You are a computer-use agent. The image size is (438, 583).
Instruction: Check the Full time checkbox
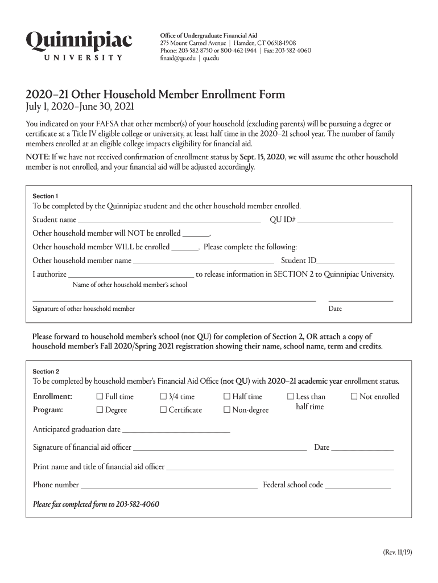point(100,397)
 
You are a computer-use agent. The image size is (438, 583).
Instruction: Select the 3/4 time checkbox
point(164,397)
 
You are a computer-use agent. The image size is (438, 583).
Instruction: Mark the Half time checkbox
point(227,397)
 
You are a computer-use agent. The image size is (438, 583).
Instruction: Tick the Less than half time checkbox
point(291,397)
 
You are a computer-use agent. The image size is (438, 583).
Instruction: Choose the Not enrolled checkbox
point(354,397)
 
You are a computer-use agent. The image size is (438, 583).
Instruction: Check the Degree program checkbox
point(100,410)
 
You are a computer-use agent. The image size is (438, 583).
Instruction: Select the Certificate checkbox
point(164,410)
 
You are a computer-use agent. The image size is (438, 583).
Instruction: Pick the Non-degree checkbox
point(227,410)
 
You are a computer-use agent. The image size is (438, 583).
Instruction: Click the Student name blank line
point(169,220)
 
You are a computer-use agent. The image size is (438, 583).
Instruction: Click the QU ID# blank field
point(345,220)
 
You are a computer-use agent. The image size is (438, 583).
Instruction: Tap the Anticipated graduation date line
point(176,430)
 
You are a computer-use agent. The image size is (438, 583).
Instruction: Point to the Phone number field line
point(169,486)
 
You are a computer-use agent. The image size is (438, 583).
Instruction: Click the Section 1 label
point(46,196)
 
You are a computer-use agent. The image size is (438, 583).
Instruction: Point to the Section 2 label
point(46,371)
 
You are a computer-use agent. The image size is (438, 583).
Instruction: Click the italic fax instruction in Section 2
point(96,504)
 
